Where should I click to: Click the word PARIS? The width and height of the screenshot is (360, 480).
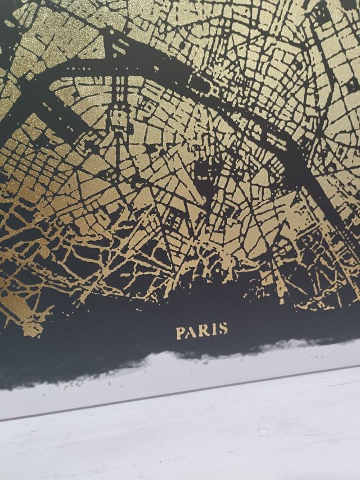tap(201, 331)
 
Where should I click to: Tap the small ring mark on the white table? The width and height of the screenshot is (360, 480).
tap(263, 432)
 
